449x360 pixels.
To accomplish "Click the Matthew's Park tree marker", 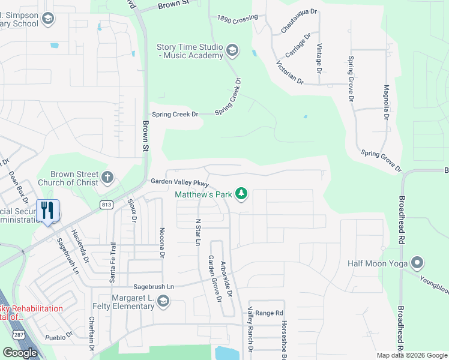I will pyautogui.click(x=241, y=194).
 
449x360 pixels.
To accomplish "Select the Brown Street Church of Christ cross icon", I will pyautogui.click(x=107, y=178).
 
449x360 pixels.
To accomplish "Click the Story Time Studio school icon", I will pyautogui.click(x=233, y=51).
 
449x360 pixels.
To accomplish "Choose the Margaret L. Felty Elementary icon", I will pyautogui.click(x=163, y=301).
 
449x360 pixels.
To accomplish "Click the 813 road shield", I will pyautogui.click(x=107, y=205).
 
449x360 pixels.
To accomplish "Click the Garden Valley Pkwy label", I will pyautogui.click(x=179, y=182).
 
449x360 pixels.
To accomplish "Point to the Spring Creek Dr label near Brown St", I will pyautogui.click(x=175, y=114).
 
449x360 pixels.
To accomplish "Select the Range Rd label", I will pyautogui.click(x=268, y=313).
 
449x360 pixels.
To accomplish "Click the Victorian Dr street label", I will pyautogui.click(x=290, y=72).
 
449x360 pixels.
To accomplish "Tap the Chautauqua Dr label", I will pyautogui.click(x=298, y=22).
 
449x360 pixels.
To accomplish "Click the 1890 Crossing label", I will pyautogui.click(x=237, y=19).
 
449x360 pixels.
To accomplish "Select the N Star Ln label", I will pyautogui.click(x=197, y=232).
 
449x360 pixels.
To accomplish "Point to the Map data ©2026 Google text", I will pyautogui.click(x=412, y=355).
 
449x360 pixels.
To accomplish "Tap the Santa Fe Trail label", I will pyautogui.click(x=112, y=263).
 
